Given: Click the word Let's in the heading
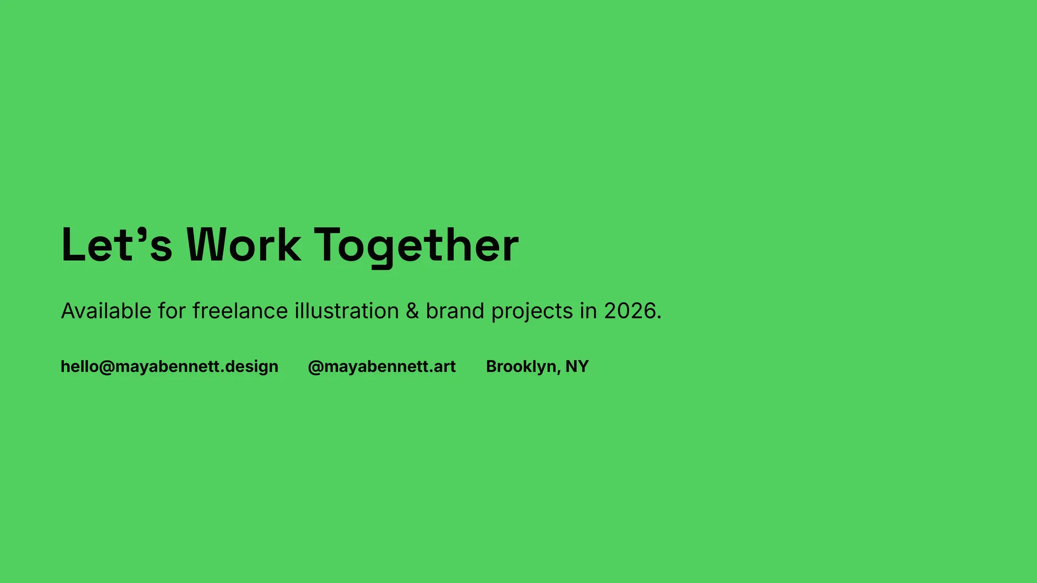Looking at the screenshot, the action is point(117,245).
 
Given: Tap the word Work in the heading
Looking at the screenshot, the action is point(244,245).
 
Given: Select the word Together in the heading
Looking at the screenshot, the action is point(416,247).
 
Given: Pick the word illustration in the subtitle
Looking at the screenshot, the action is point(347,311).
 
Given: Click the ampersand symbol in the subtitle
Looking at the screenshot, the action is point(413,311).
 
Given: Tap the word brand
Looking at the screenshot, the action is point(455,311).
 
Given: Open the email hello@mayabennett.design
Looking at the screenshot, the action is point(170,367).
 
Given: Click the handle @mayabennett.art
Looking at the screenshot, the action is point(382,367).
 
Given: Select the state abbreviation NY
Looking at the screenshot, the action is point(577,366).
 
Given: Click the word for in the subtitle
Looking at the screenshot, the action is point(172,311).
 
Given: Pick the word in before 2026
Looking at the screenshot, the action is point(589,311).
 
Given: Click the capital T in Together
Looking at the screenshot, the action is point(329,245).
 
